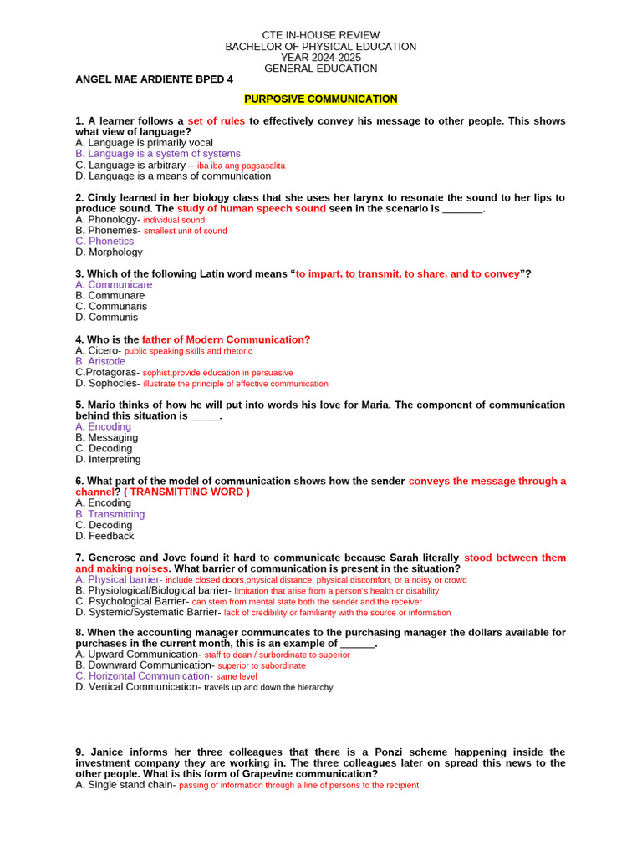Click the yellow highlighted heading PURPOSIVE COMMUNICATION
[x=320, y=99]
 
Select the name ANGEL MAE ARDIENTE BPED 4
[x=155, y=79]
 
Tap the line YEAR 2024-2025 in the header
[x=320, y=58]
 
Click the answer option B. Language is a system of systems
[x=158, y=154]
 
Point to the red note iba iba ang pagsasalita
[x=241, y=166]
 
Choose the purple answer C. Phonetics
[x=104, y=242]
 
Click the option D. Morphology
[x=109, y=252]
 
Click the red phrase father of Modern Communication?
[x=226, y=339]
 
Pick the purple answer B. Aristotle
[x=100, y=362]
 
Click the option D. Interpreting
[x=108, y=460]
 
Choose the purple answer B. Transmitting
[x=110, y=515]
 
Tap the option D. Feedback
[x=104, y=537]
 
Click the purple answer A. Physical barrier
[x=117, y=579]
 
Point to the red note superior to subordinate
[x=262, y=666]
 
